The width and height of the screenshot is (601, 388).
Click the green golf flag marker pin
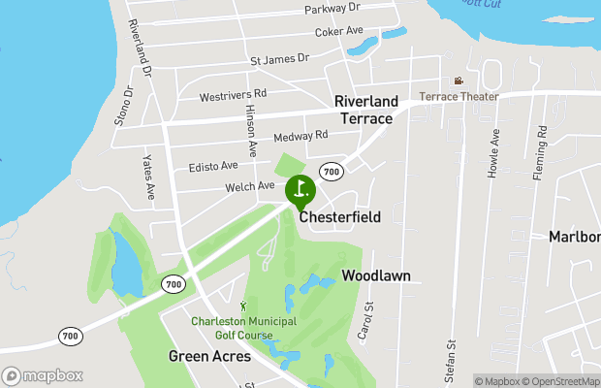tap(300, 189)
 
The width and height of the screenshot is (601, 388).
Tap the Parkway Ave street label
tap(332, 8)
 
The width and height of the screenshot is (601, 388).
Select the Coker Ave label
tap(339, 32)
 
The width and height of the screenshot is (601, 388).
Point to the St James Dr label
tap(279, 60)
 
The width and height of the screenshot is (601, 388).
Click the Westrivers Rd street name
tap(233, 95)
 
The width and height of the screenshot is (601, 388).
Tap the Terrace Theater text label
tap(459, 97)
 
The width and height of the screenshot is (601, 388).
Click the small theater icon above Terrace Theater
tap(459, 81)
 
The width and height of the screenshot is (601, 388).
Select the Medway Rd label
tap(301, 136)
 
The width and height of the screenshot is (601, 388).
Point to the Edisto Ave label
tap(213, 166)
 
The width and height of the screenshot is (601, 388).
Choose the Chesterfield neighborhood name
tap(339, 217)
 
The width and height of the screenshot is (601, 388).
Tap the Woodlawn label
tap(376, 275)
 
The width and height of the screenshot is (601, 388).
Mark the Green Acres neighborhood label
tap(209, 356)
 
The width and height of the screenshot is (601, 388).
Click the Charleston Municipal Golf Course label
tap(244, 326)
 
